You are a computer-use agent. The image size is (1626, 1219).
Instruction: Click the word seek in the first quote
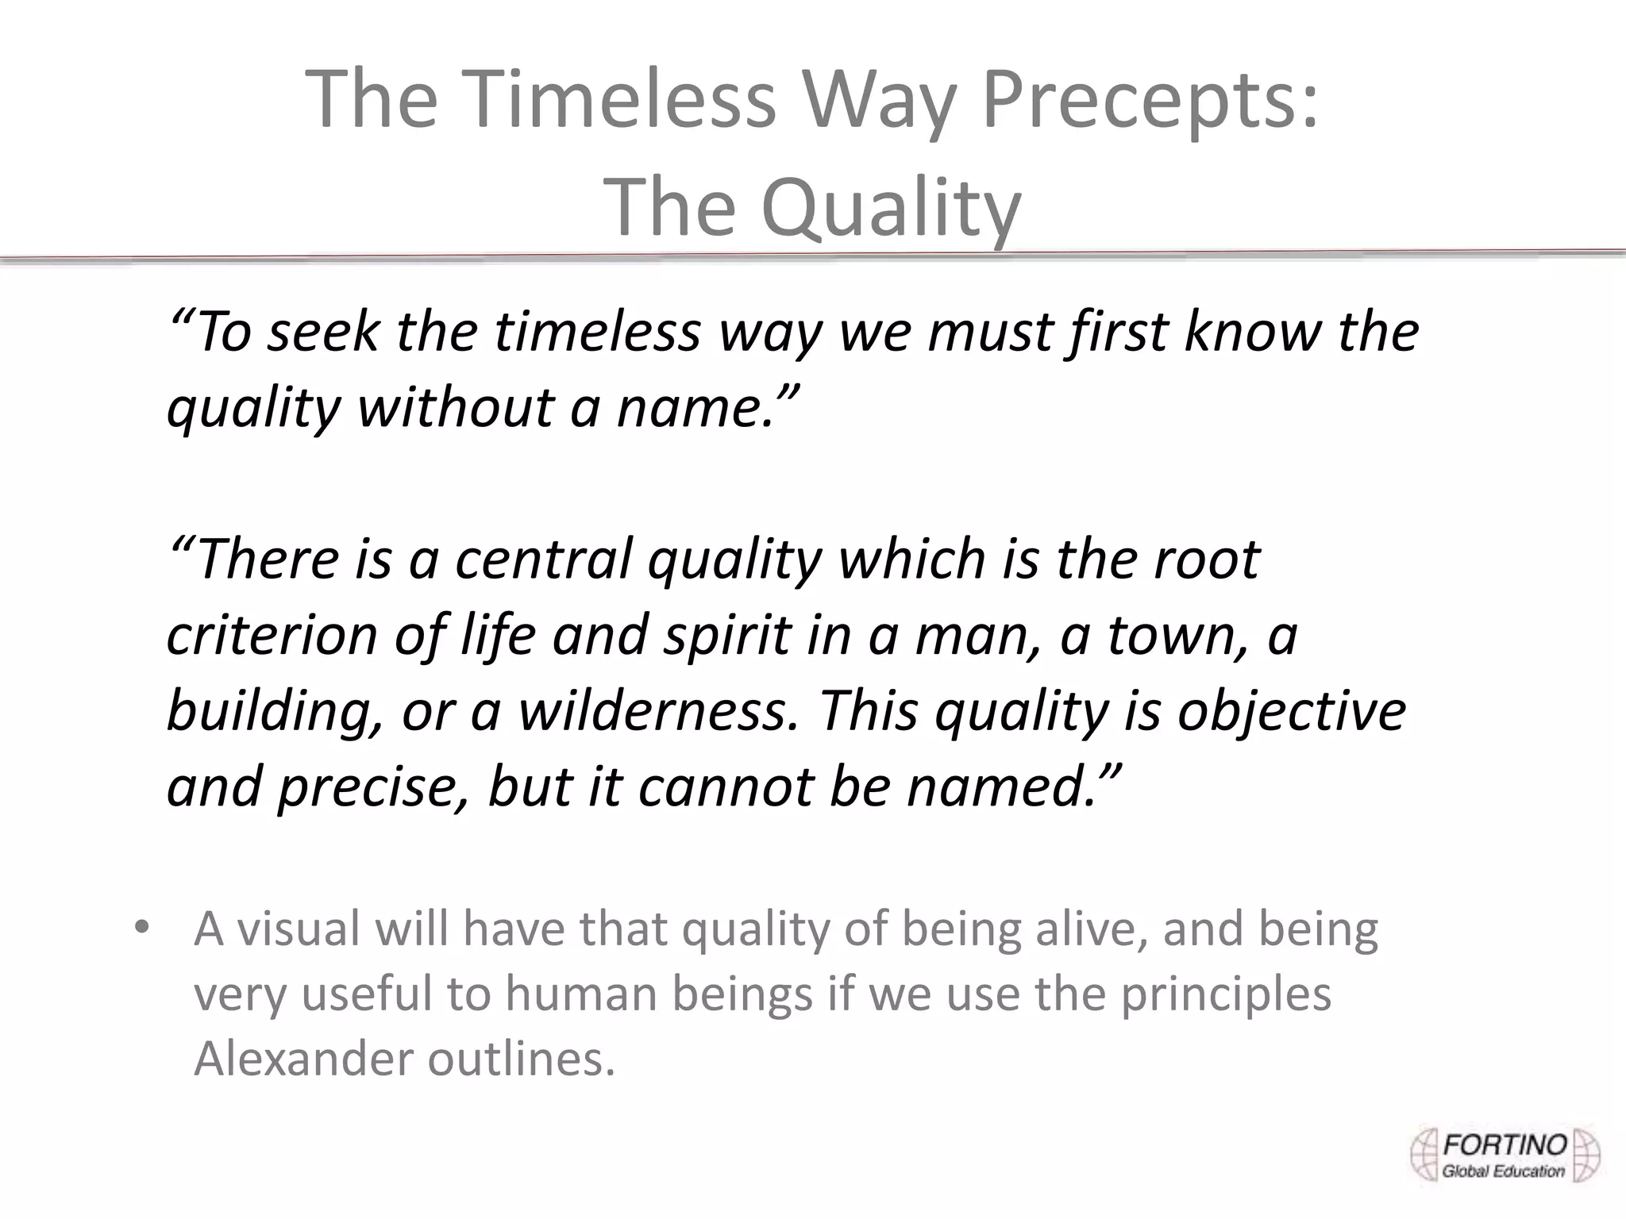coord(322,332)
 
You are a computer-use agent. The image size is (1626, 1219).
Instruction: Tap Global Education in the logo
coord(1503,1171)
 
